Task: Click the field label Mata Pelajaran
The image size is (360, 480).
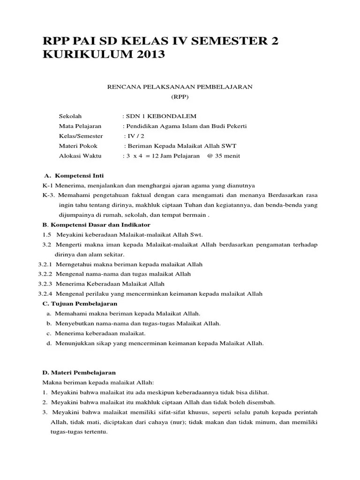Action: [80, 126]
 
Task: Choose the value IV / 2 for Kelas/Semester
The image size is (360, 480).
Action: [133, 136]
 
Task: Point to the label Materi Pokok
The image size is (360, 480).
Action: [78, 146]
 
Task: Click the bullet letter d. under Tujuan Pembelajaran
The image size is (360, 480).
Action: [49, 343]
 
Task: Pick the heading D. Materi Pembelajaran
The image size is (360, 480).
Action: [79, 372]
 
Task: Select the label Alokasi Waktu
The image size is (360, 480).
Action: [79, 156]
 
